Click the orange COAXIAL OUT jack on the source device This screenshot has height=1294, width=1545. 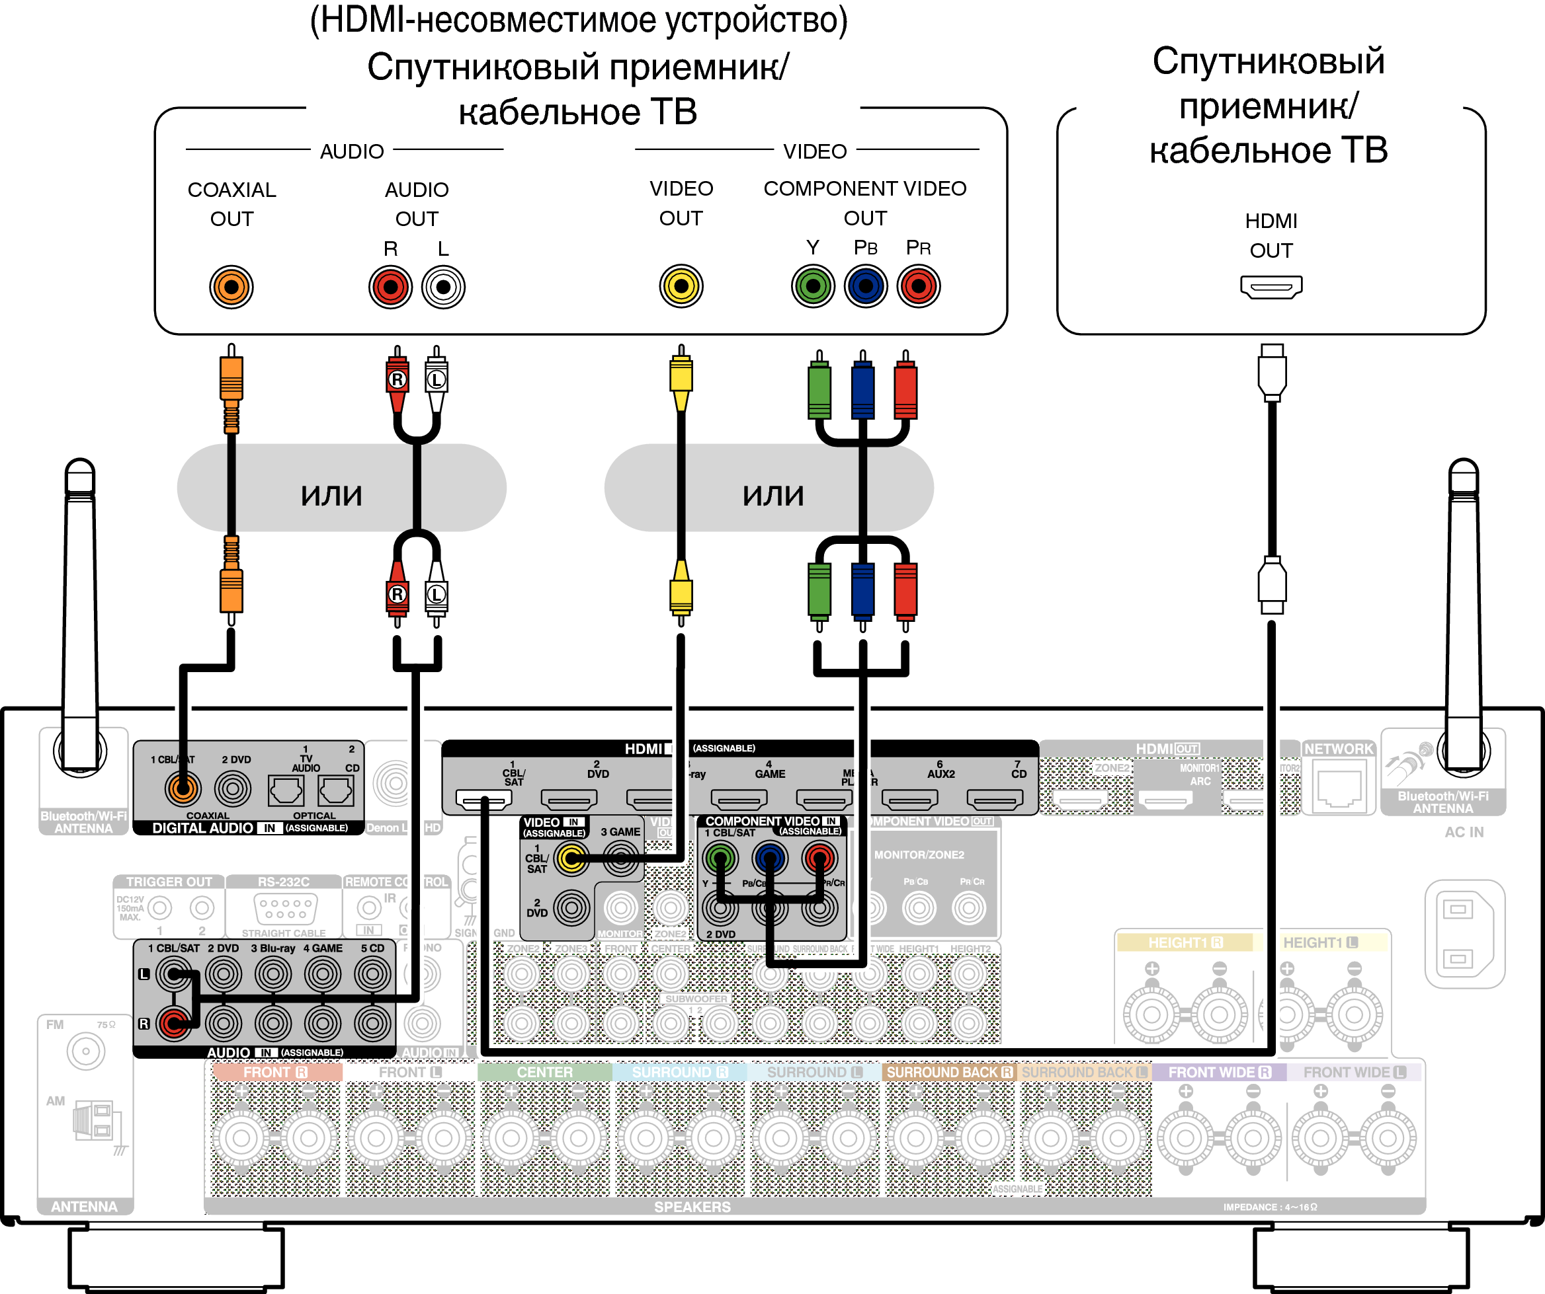coord(231,287)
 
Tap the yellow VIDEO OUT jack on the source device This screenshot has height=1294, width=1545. coord(681,286)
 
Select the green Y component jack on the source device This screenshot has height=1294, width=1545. coord(812,286)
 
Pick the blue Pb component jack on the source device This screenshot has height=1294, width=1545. coord(865,286)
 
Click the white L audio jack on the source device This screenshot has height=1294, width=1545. coord(443,287)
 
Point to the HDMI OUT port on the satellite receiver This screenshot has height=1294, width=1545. coord(1271,287)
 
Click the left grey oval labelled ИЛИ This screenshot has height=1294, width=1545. coord(331,488)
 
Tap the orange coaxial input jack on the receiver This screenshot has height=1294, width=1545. coord(182,789)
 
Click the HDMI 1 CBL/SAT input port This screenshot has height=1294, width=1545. coord(483,798)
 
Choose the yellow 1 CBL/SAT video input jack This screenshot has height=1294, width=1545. coord(571,857)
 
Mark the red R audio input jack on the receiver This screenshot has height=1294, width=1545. coord(174,1022)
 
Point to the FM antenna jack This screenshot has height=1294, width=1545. coord(85,1051)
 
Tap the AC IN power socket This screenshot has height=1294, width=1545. coord(1464,934)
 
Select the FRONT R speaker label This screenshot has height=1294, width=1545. coord(275,1072)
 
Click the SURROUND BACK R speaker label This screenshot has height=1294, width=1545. coord(948,1072)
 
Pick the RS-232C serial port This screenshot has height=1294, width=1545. coord(284,909)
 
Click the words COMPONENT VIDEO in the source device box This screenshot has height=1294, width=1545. coord(864,189)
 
